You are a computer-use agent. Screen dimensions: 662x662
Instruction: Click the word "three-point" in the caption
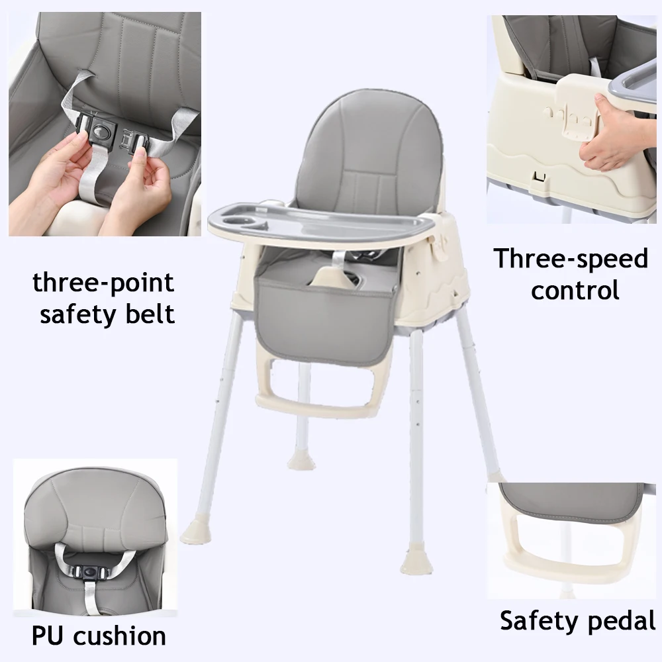pyautogui.click(x=103, y=283)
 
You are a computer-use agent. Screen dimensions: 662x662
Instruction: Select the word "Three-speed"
pyautogui.click(x=571, y=259)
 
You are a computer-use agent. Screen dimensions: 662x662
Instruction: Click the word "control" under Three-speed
pyautogui.click(x=575, y=289)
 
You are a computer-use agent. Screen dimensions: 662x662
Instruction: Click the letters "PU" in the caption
pyautogui.click(x=49, y=636)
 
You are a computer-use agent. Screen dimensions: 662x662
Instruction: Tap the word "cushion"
pyautogui.click(x=120, y=636)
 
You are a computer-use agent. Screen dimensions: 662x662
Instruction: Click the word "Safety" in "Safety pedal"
pyautogui.click(x=538, y=621)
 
